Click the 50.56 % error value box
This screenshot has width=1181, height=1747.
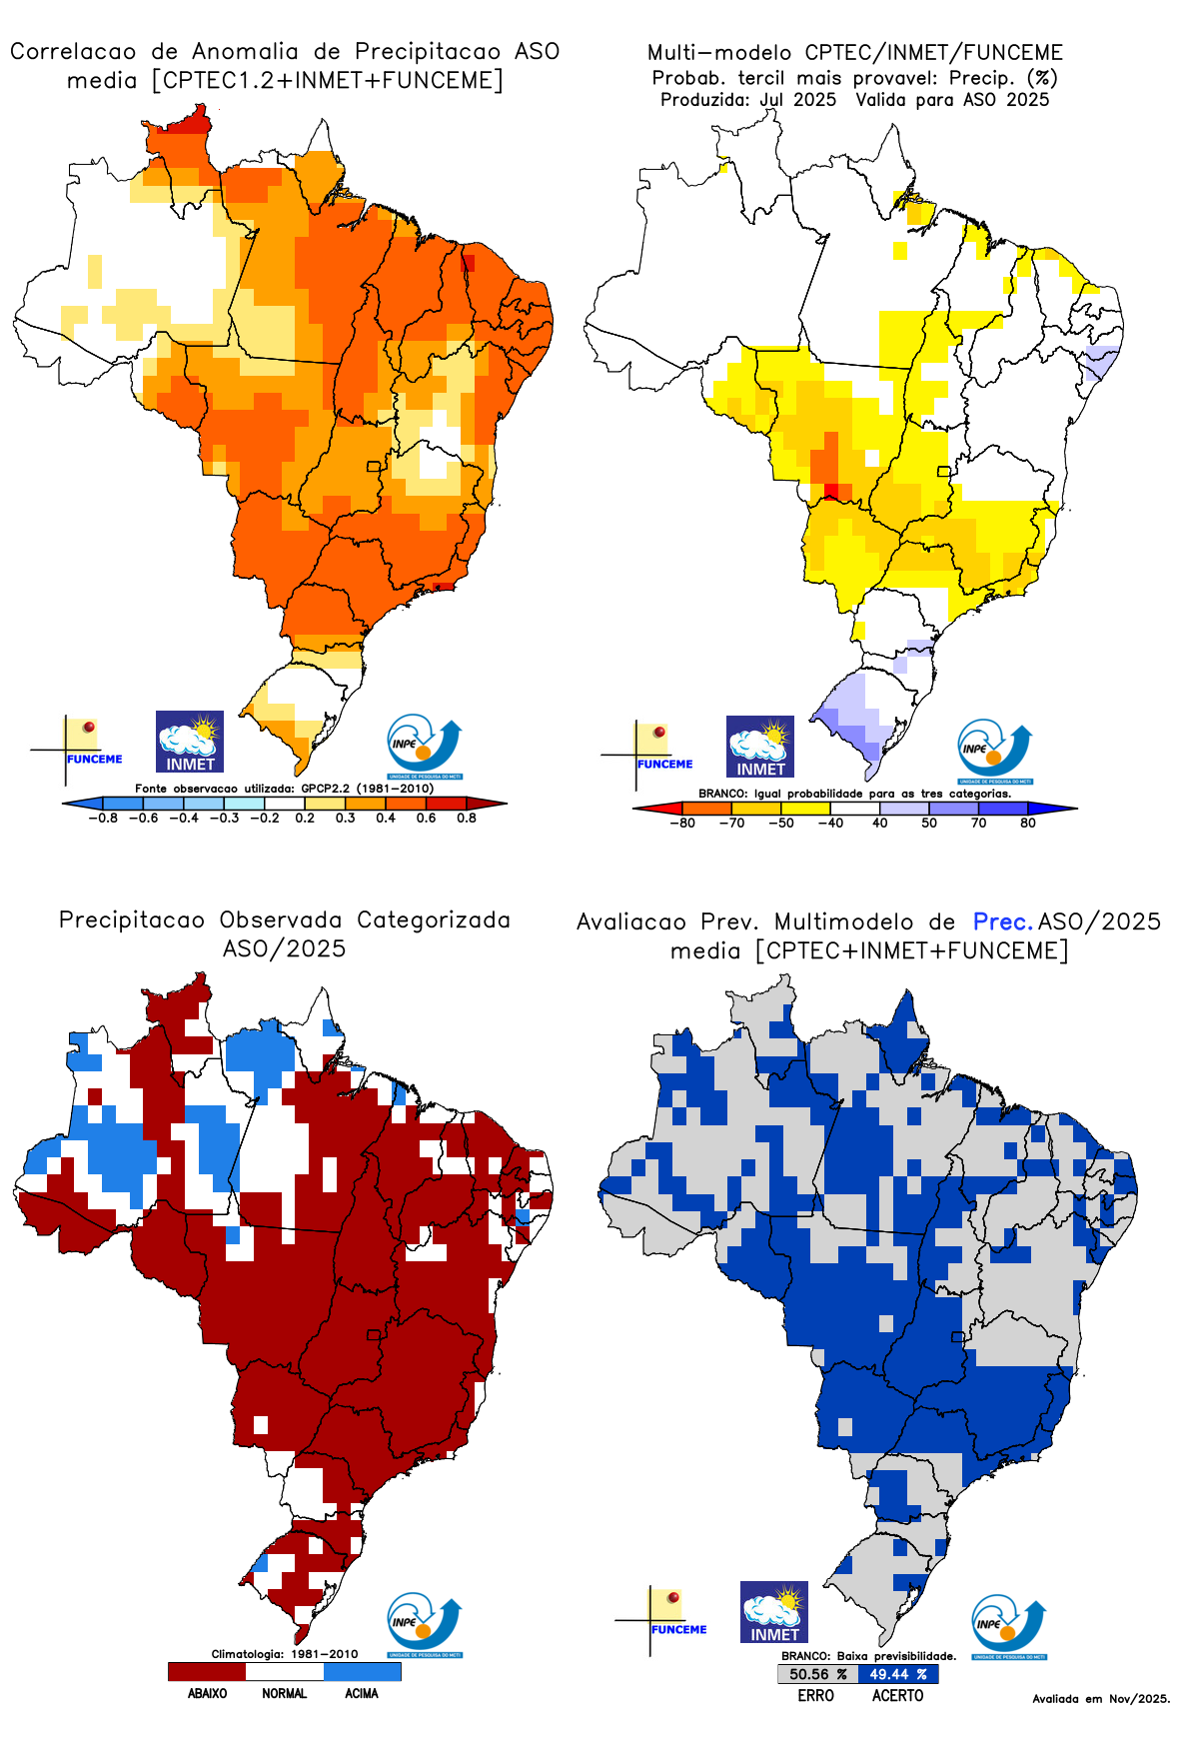(816, 1674)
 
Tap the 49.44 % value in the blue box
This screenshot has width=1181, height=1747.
(897, 1674)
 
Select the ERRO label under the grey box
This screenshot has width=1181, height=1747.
(815, 1696)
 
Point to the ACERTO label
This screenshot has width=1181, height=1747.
(897, 1696)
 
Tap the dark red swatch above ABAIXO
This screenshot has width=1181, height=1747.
(207, 1671)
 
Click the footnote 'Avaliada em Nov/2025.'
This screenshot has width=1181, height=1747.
(1100, 1699)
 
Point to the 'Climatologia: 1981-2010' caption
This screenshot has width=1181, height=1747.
(284, 1654)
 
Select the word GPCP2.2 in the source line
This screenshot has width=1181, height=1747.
(325, 789)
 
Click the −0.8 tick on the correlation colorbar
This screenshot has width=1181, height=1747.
(102, 819)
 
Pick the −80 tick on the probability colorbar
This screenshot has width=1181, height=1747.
(682, 824)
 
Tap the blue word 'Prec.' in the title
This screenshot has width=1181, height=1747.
(1002, 921)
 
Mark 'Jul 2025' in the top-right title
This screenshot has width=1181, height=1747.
(797, 100)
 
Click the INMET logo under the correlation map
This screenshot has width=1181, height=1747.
(190, 743)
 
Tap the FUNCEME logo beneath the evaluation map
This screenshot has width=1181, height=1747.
(667, 1619)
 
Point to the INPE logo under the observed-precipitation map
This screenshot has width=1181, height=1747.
(424, 1625)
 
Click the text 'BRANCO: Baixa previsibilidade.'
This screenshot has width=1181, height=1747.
(868, 1656)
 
